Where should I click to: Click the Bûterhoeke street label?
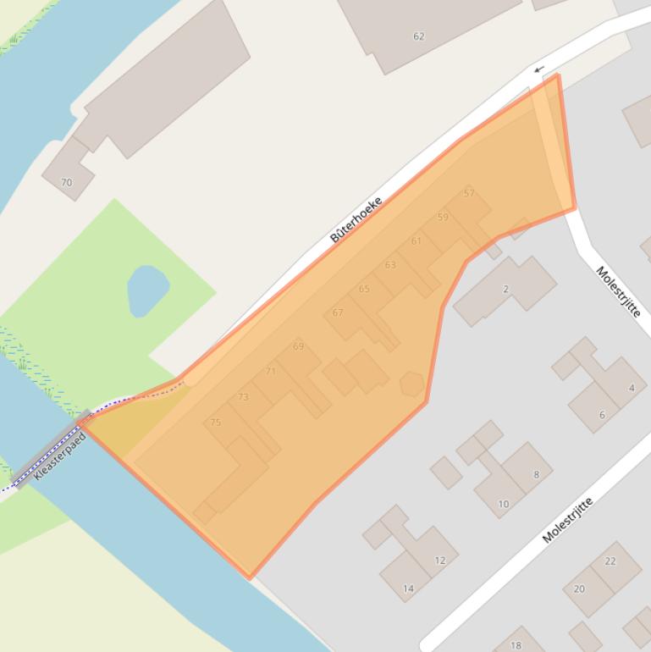[356, 219]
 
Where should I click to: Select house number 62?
[418, 36]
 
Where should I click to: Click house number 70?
[66, 182]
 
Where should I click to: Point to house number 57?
[469, 194]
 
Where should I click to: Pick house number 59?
[443, 218]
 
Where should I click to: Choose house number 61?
[416, 241]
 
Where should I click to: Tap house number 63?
[390, 265]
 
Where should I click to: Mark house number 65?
[364, 289]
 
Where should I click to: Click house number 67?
[338, 312]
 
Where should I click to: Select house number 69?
[298, 346]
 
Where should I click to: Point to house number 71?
[271, 371]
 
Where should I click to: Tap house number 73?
[243, 397]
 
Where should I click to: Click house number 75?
[215, 422]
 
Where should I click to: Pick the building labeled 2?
[505, 290]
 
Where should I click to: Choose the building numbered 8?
[536, 475]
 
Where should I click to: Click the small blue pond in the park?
[146, 289]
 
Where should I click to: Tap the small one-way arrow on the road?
[538, 69]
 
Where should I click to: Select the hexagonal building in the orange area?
[412, 384]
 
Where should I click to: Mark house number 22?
[610, 561]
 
